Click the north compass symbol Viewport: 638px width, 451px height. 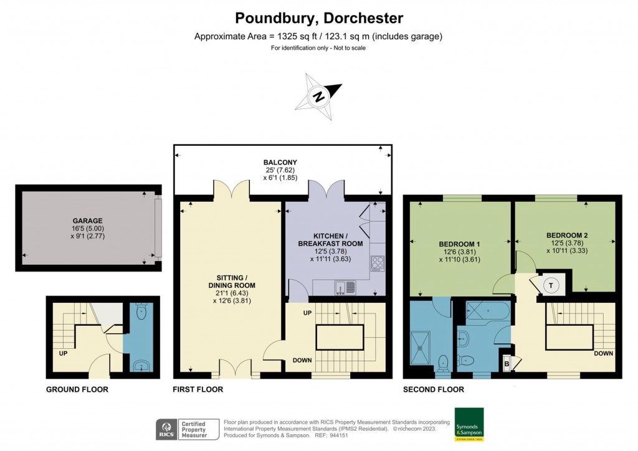click(x=319, y=96)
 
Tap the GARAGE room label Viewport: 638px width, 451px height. click(x=87, y=221)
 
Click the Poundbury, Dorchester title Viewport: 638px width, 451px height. click(x=318, y=18)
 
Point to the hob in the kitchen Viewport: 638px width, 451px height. click(x=378, y=263)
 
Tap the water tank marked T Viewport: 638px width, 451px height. click(x=551, y=285)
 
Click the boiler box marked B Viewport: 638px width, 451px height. click(x=507, y=363)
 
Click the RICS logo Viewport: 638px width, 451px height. click(x=166, y=429)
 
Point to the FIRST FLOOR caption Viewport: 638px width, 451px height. click(x=198, y=389)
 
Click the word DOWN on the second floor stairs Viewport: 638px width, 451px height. click(x=602, y=353)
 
